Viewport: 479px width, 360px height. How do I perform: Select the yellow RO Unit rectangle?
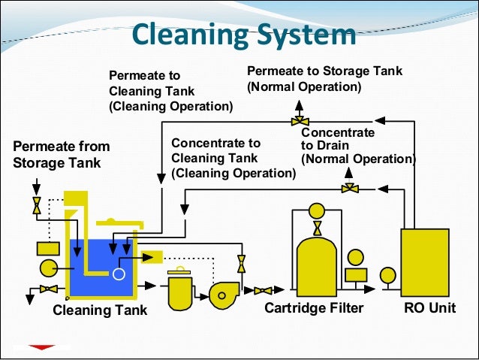coord(424,262)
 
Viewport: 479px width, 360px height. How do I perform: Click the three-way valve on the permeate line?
coord(300,120)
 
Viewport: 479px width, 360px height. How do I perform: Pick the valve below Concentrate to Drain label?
coord(348,188)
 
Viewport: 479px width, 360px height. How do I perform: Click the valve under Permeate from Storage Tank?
coord(36,205)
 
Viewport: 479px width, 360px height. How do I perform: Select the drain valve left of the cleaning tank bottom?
coord(49,289)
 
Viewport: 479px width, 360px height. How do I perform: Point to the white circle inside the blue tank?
coord(119,274)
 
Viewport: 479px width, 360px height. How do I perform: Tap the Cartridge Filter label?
coord(314,308)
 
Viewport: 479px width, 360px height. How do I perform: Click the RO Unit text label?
coord(429,308)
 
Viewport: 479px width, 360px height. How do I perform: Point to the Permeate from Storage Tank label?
coord(62,153)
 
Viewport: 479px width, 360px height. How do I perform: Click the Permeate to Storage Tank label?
coord(324,79)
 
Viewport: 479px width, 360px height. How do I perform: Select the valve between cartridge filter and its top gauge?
coord(316,226)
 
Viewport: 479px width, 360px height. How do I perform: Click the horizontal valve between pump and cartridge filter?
coord(263,290)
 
